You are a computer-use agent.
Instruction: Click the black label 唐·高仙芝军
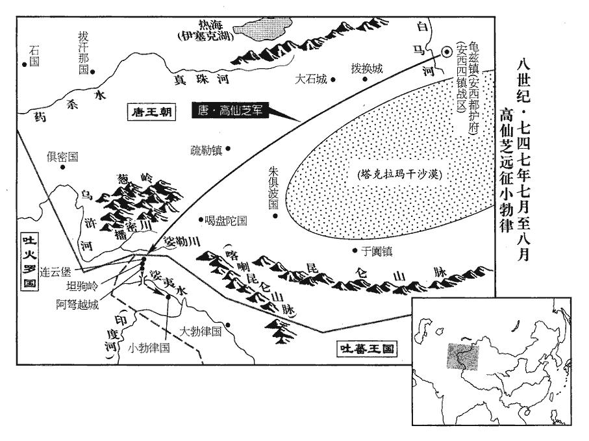pyautogui.click(x=230, y=111)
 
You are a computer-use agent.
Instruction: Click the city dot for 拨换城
pyautogui.click(x=364, y=79)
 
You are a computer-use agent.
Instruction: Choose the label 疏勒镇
pyautogui.click(x=206, y=149)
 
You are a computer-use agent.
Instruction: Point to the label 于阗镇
pyautogui.click(x=377, y=251)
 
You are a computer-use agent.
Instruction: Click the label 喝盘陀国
pyautogui.click(x=225, y=220)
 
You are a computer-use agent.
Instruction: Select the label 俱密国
pyautogui.click(x=62, y=157)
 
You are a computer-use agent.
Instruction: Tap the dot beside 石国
pyautogui.click(x=24, y=63)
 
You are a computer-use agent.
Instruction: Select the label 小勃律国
pyautogui.click(x=149, y=347)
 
